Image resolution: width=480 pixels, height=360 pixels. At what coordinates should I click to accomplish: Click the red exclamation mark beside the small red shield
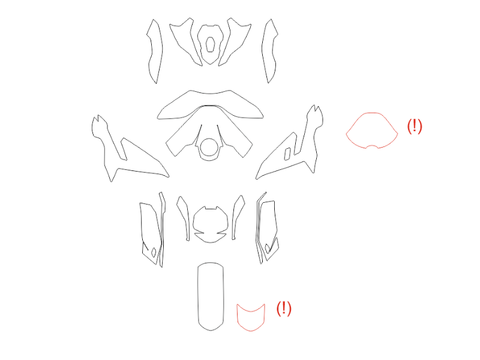click(x=284, y=308)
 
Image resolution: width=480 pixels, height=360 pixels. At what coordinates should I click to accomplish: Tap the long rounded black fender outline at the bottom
click(x=198, y=297)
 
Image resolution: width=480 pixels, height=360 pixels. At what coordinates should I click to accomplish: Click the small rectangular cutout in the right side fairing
click(x=287, y=154)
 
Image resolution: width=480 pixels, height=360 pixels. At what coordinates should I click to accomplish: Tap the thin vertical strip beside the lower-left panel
click(x=162, y=230)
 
